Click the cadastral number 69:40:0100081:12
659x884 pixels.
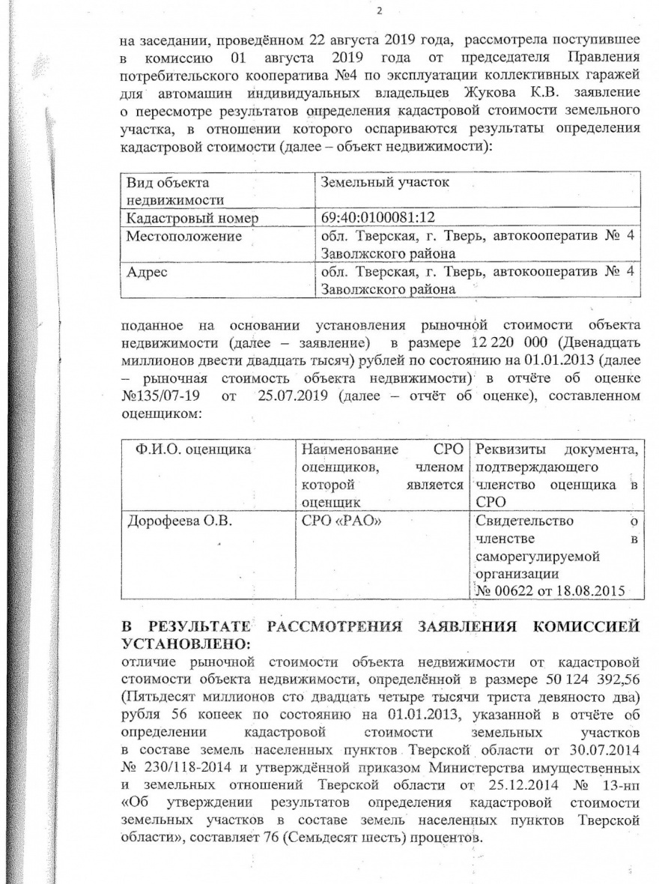[x=377, y=218]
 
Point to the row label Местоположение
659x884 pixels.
[x=183, y=237]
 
